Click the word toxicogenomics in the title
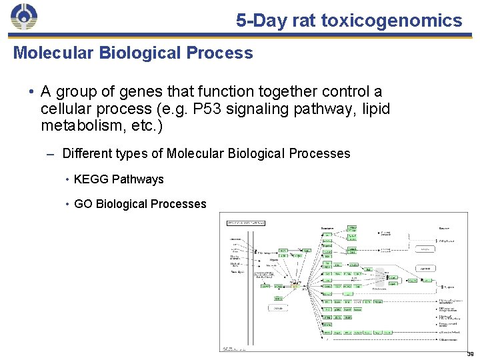[391, 21]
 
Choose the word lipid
[375, 108]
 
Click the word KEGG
[91, 179]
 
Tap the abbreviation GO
[83, 204]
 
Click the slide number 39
[470, 354]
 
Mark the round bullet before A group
[31, 91]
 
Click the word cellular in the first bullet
[67, 108]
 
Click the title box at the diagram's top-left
[246, 222]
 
